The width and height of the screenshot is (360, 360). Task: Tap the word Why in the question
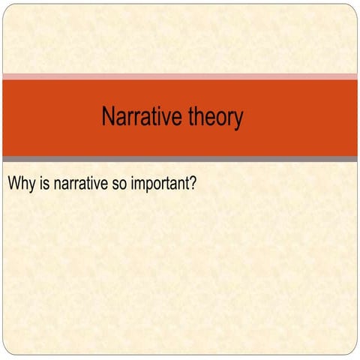[x=19, y=182]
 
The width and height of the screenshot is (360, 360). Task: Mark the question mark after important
[x=193, y=182]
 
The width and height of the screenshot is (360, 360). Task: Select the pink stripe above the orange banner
[x=180, y=76]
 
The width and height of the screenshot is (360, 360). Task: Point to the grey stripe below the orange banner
[x=180, y=159]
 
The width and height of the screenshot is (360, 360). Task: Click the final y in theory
[x=238, y=120]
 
